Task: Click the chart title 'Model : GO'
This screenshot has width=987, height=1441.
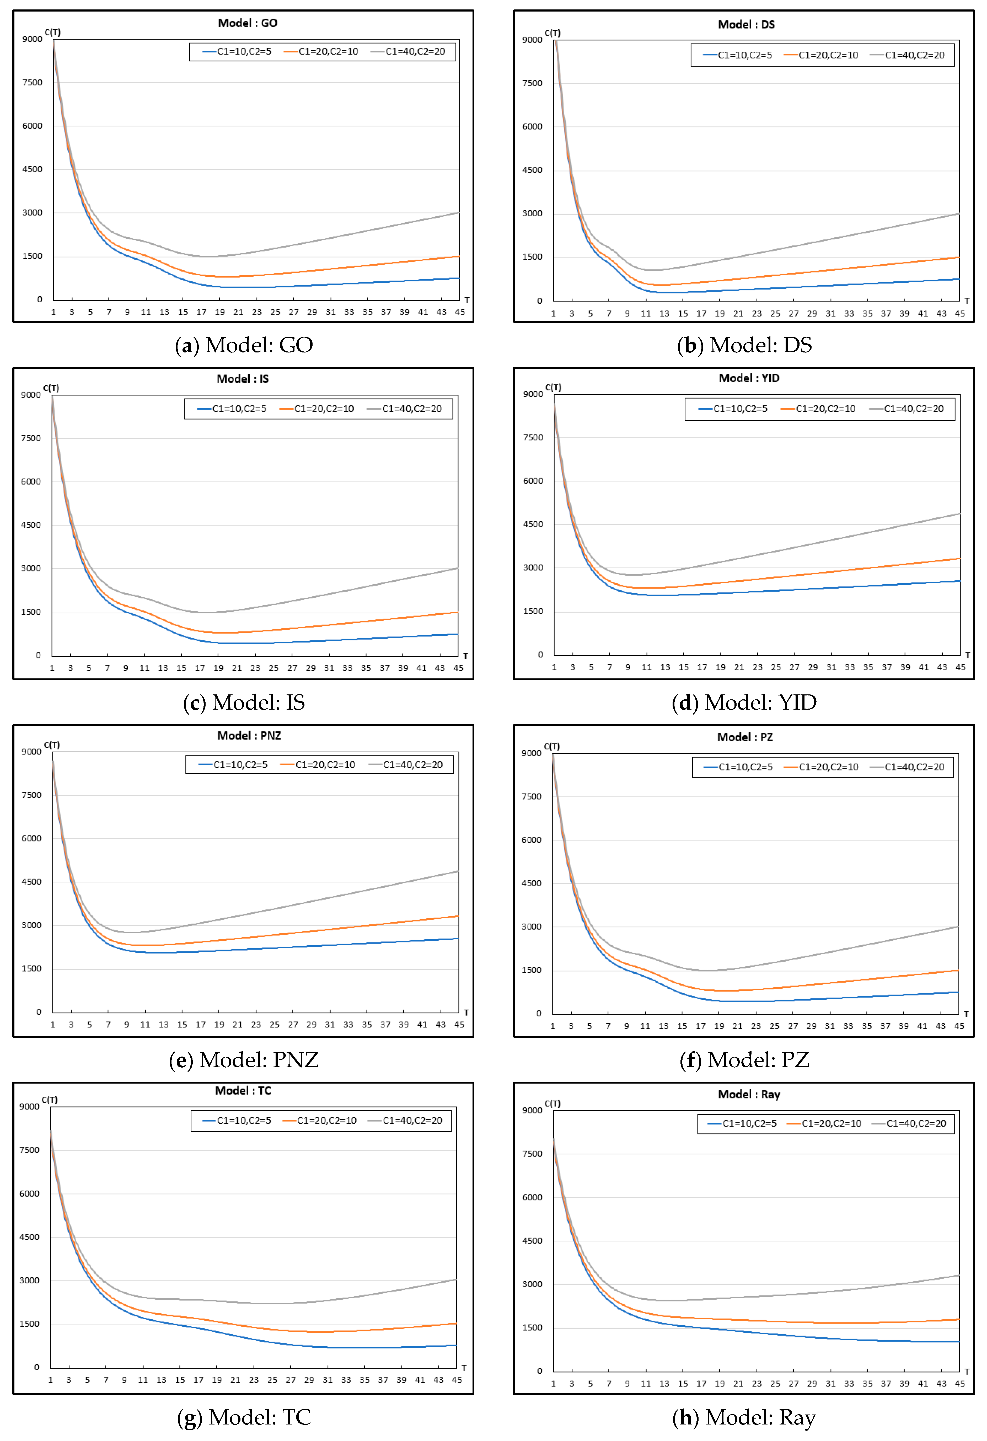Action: (247, 23)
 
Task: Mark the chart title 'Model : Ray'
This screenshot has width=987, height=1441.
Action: (749, 1094)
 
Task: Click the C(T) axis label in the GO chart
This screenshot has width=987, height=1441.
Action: (52, 32)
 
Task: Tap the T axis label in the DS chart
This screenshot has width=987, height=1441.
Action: (967, 301)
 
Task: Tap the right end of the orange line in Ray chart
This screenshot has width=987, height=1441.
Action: (959, 1320)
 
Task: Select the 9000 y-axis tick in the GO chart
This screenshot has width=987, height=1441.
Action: (32, 39)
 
